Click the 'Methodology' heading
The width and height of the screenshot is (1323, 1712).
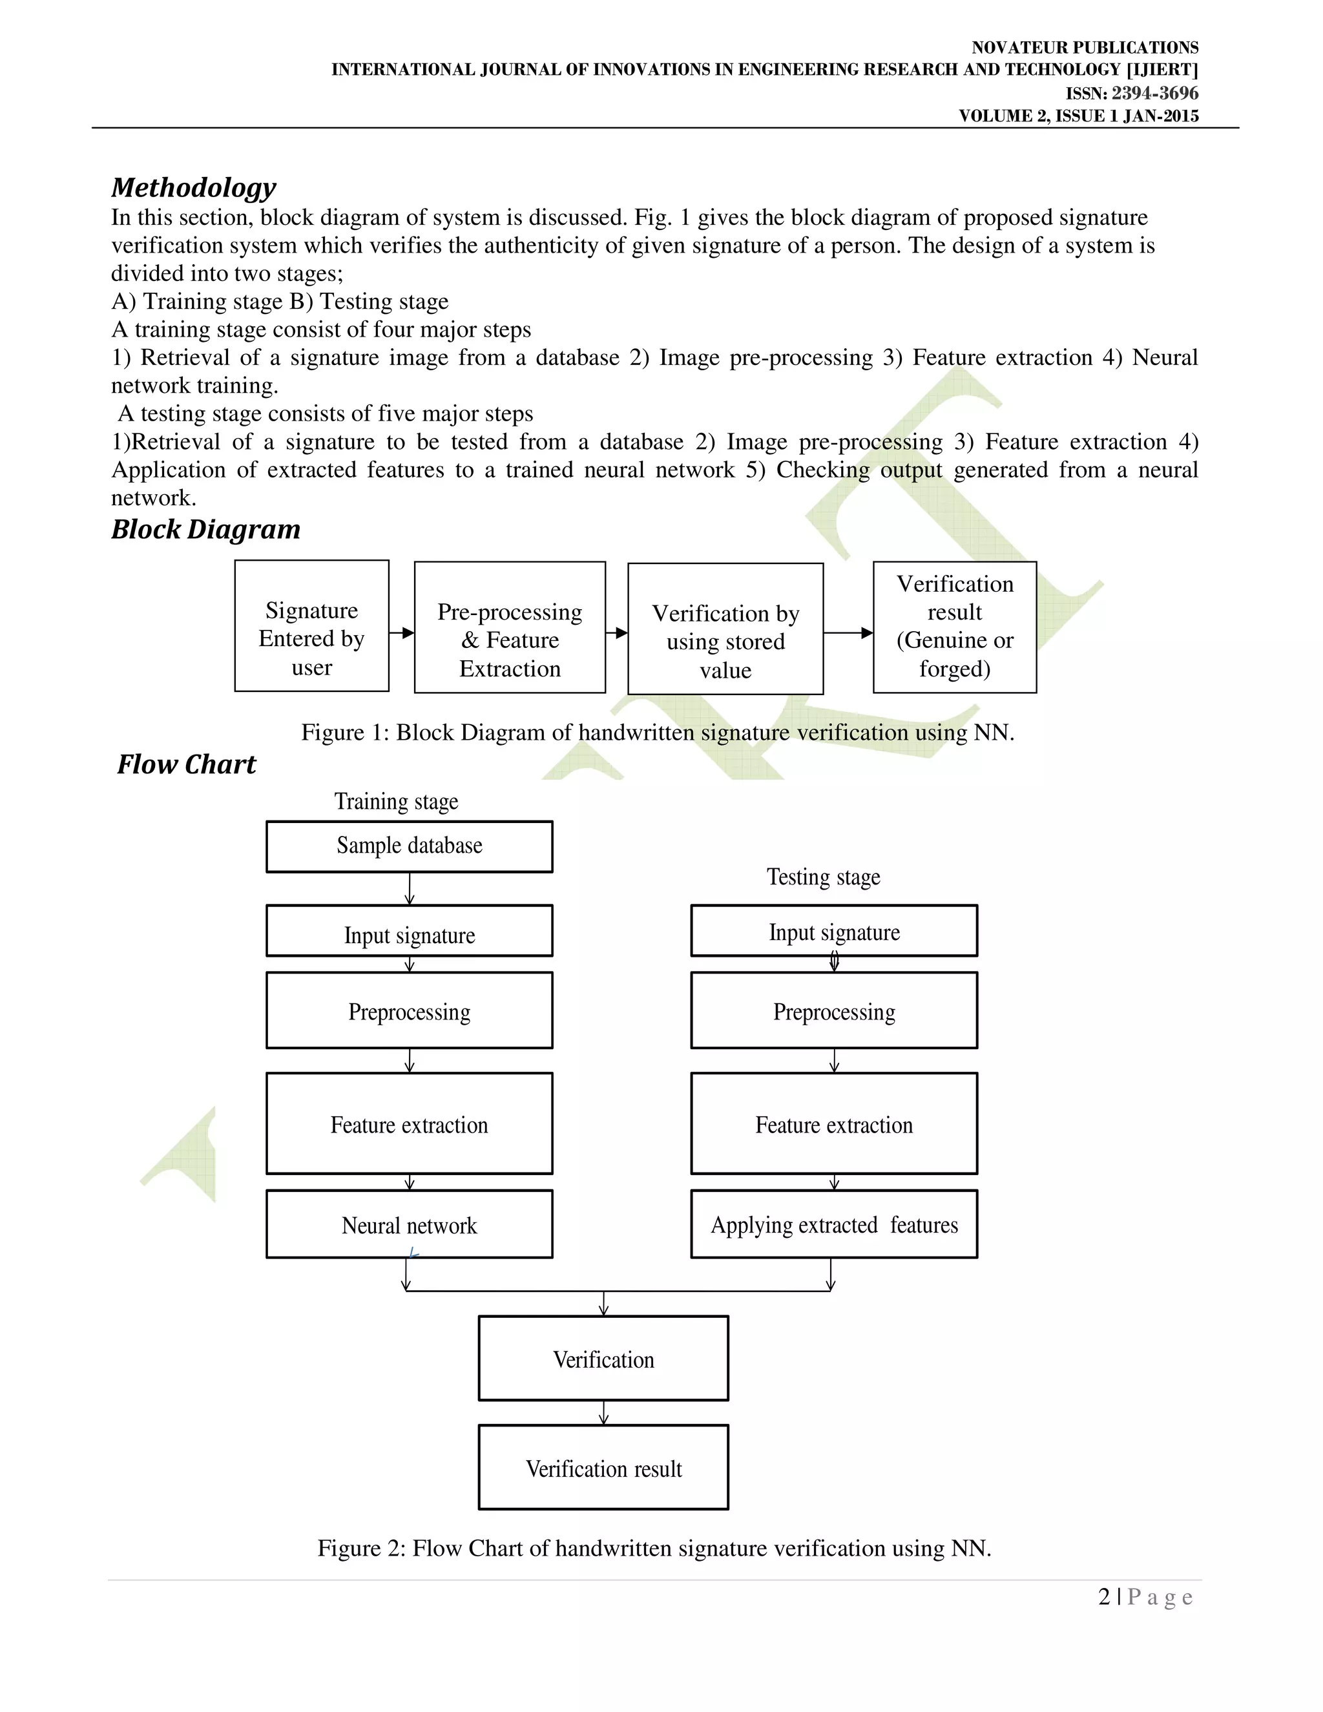194,188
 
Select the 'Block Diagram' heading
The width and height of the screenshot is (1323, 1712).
205,530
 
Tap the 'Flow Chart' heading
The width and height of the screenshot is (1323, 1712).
187,764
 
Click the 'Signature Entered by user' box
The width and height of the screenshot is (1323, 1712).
311,626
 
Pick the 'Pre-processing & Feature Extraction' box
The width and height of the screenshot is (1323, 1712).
510,628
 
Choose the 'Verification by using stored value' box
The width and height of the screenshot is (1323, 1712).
725,629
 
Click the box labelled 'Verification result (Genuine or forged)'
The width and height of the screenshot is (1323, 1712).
955,627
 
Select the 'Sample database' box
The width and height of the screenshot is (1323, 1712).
409,846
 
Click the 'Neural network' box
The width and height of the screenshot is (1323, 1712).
409,1224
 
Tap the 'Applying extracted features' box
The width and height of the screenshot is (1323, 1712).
834,1224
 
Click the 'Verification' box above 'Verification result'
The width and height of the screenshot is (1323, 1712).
603,1359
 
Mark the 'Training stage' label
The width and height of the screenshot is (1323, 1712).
396,802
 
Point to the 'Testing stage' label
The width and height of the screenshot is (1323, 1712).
823,877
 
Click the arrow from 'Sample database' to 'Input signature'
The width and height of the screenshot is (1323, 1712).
409,889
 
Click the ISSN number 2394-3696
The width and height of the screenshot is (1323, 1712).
1154,93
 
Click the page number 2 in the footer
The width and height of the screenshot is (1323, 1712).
1103,1597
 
